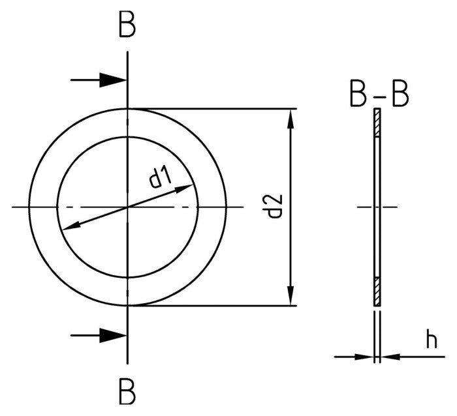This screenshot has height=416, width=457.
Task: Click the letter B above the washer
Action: click(x=127, y=26)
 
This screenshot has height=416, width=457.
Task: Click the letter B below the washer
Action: click(x=127, y=393)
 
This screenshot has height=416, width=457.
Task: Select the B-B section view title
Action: click(x=379, y=95)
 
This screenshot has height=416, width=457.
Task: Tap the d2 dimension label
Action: click(x=274, y=206)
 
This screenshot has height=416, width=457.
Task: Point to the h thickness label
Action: click(x=431, y=340)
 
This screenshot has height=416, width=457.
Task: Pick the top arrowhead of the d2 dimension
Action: click(x=290, y=119)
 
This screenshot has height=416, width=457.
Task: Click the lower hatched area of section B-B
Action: click(x=377, y=291)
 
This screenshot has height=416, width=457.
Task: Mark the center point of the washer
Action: click(x=127, y=207)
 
